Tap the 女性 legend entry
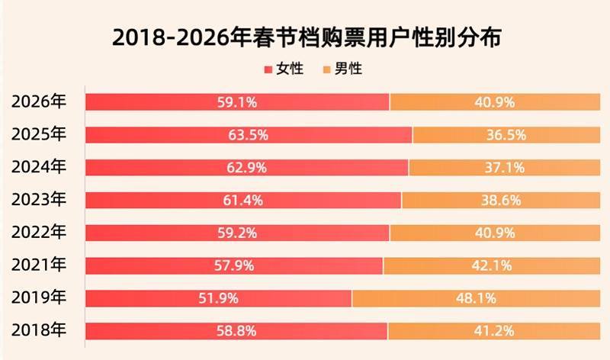click(x=284, y=69)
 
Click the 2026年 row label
click(x=40, y=101)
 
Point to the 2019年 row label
click(x=40, y=298)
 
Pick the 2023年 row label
click(x=40, y=200)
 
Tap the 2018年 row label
click(x=40, y=331)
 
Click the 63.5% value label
click(x=248, y=135)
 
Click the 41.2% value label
click(x=495, y=331)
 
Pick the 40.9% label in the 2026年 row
click(x=495, y=101)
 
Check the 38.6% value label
click(x=501, y=200)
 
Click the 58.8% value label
click(x=236, y=331)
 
